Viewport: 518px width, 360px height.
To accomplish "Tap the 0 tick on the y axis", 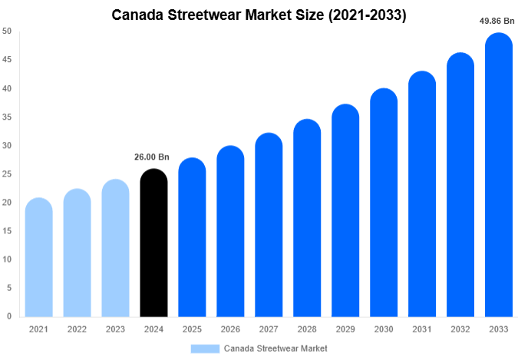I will (9, 316).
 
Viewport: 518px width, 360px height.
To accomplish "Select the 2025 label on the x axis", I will (192, 329).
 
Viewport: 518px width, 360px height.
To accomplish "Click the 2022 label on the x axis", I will (77, 329).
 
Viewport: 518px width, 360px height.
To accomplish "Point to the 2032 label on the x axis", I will (460, 329).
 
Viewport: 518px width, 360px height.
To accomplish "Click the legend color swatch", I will (205, 348).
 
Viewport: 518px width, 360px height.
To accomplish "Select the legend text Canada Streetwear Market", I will (275, 348).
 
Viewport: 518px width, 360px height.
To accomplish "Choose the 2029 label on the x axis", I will (345, 329).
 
